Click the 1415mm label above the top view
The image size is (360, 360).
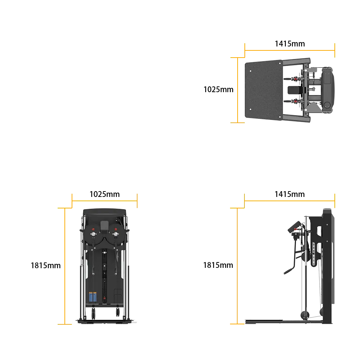(290, 44)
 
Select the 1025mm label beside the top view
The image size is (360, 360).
(219, 89)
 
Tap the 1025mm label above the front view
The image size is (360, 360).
(104, 194)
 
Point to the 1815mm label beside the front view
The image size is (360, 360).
(46, 266)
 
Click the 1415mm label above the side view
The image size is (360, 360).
(289, 194)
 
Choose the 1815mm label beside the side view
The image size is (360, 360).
(218, 265)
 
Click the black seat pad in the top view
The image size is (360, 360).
(296, 90)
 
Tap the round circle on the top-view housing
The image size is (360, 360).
(327, 105)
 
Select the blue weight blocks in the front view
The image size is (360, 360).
(93, 297)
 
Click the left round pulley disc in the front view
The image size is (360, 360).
(93, 234)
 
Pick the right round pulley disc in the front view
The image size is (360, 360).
(116, 234)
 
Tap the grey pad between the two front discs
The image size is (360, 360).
(104, 225)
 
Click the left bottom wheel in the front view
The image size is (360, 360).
(94, 313)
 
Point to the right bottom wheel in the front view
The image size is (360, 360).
(118, 312)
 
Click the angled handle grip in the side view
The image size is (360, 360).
(289, 270)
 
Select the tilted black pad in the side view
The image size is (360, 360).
(294, 226)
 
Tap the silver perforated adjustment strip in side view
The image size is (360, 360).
(314, 255)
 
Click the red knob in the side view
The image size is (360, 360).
(296, 229)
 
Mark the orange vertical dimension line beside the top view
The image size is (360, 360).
(238, 90)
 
